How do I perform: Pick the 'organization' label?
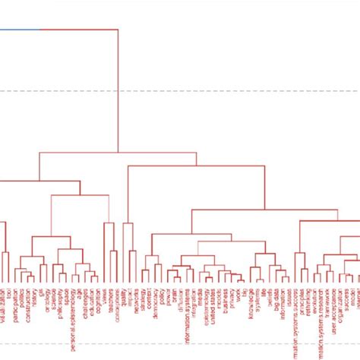point(341,303)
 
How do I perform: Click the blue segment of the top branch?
point(20,30)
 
